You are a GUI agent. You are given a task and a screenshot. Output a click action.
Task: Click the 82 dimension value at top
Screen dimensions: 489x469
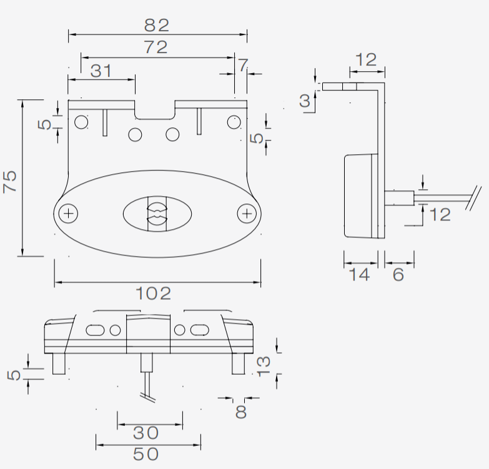pyautogui.click(x=157, y=26)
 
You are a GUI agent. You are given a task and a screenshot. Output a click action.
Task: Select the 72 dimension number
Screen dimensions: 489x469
pyautogui.click(x=156, y=47)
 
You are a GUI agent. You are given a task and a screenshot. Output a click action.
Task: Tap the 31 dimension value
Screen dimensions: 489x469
pyautogui.click(x=101, y=71)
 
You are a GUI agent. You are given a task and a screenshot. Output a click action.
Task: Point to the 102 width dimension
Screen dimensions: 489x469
pyautogui.click(x=154, y=294)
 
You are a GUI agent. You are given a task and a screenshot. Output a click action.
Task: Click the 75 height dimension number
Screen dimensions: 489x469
pyautogui.click(x=9, y=182)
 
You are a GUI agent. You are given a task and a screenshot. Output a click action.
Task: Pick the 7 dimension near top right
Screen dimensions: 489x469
pyautogui.click(x=243, y=65)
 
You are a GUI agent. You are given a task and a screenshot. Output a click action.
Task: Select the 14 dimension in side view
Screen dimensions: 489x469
pyautogui.click(x=360, y=275)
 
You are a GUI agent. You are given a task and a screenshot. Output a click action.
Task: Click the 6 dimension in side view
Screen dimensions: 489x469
pyautogui.click(x=398, y=275)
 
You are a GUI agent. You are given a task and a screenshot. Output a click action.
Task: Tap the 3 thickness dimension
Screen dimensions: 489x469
pyautogui.click(x=305, y=101)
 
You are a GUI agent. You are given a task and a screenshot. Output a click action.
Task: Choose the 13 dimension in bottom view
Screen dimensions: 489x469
pyautogui.click(x=263, y=367)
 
